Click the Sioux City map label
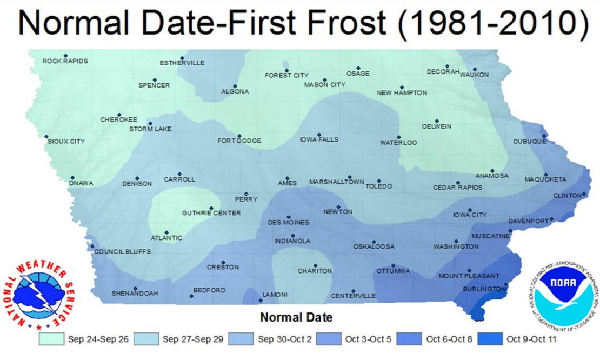coord(66,141)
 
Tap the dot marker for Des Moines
coord(289,216)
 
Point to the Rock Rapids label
coord(65,61)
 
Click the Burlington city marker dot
coord(506,284)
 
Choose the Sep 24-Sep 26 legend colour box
coord(51,339)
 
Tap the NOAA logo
coord(562,295)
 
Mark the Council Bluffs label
coord(122,252)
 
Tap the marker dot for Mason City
coord(325,80)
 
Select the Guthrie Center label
coord(211,213)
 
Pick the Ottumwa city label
coord(394,271)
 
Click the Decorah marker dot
coord(448,66)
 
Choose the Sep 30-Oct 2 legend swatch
coord(242,339)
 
